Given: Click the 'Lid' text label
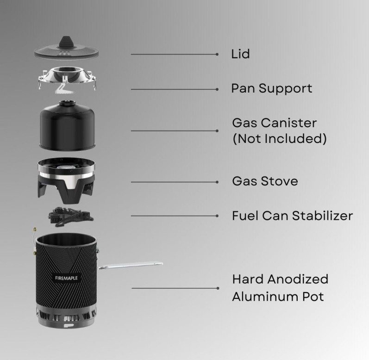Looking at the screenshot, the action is click(240, 54).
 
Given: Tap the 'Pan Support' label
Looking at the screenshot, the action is click(272, 89).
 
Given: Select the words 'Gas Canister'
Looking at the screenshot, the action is click(275, 123).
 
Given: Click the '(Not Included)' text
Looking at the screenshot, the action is click(280, 138).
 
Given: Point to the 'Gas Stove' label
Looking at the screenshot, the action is click(265, 181).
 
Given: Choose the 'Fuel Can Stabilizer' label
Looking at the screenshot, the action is click(292, 216).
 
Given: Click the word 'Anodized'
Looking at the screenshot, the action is click(298, 279).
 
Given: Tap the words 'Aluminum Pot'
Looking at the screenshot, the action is click(278, 297).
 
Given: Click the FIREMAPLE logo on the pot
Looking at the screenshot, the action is click(66, 278).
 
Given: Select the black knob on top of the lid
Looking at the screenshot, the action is click(66, 42).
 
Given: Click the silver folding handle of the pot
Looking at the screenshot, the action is click(130, 265).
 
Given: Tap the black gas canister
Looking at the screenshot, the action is click(67, 125).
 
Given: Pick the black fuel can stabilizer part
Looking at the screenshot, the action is click(70, 217).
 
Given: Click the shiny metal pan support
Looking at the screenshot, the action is click(67, 80).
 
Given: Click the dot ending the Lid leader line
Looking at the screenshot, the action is click(217, 54).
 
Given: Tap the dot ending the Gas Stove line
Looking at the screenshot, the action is click(217, 182).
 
